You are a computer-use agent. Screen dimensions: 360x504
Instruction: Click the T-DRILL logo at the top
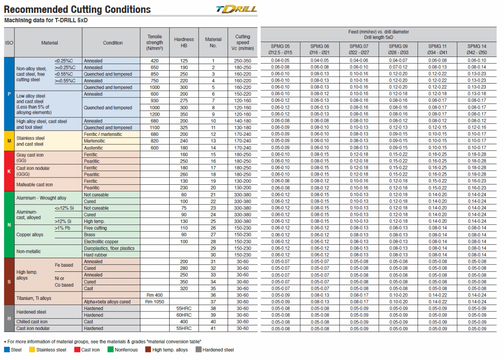(x=237, y=9)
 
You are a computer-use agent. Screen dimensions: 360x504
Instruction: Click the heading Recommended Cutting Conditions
(x=77, y=9)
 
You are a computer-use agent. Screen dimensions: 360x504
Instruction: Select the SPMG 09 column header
(x=398, y=49)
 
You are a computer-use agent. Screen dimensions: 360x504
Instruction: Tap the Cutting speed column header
(x=242, y=42)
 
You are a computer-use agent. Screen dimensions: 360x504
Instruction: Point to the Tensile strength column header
(x=154, y=42)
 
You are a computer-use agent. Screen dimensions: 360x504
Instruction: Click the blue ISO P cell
(x=9, y=94)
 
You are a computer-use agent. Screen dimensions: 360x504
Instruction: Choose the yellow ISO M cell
(x=9, y=141)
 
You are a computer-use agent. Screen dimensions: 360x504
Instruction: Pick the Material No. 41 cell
(x=213, y=328)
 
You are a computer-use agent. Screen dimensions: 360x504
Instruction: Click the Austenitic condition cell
(x=94, y=148)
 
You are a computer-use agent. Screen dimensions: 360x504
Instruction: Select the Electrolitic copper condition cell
(x=101, y=242)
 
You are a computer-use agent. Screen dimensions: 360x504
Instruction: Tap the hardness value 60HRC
(x=184, y=315)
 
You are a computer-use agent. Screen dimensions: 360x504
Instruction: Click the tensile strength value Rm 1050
(x=154, y=302)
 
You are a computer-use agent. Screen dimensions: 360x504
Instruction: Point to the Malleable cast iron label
(x=35, y=185)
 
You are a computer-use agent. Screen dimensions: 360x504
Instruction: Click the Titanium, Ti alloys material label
(x=34, y=298)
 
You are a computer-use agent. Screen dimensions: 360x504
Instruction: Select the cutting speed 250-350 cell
(x=242, y=61)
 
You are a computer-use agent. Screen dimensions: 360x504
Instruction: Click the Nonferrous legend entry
(x=123, y=350)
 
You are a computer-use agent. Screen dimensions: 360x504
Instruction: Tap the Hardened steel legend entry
(x=215, y=350)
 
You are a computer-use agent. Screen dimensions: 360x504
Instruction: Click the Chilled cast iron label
(x=32, y=322)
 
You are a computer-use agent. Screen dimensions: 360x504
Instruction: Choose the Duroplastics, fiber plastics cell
(x=109, y=248)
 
